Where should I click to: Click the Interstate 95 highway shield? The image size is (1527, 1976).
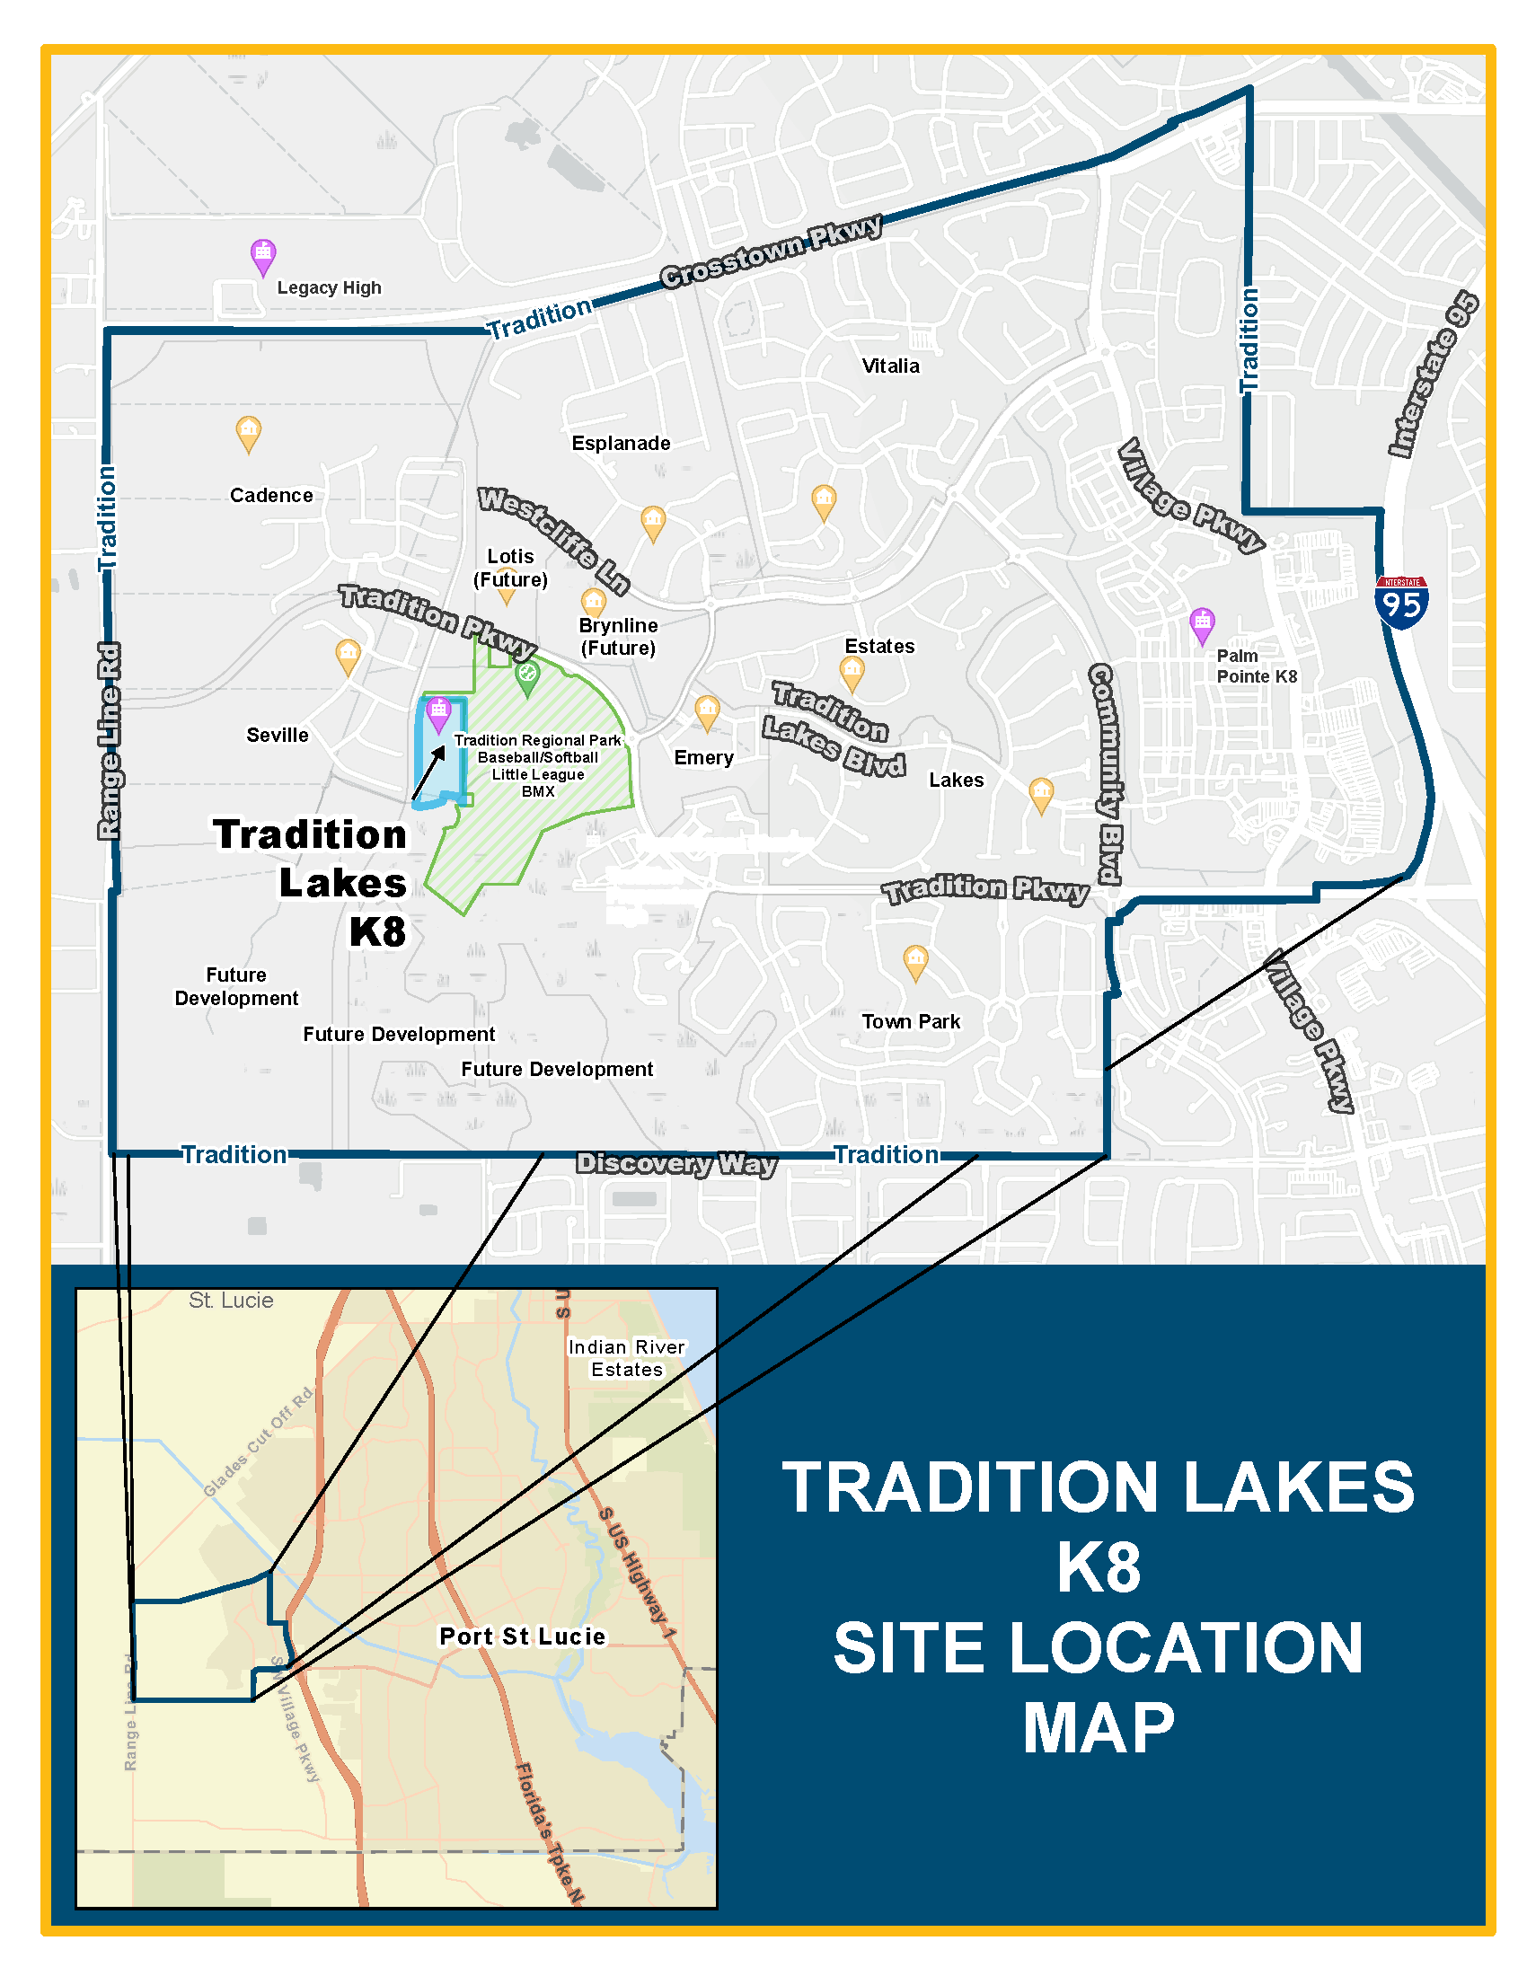coord(1401,602)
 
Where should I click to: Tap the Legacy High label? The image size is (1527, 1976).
coord(329,287)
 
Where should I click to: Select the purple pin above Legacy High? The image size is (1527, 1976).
coord(262,256)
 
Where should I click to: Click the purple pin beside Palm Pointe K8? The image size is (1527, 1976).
coord(1201,624)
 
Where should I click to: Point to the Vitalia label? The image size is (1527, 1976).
coord(890,366)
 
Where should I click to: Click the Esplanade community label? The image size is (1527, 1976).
coord(621,444)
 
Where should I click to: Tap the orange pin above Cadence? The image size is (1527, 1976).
coord(249,433)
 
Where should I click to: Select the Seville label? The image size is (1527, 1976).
coord(277,735)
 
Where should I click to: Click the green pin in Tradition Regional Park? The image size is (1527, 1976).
coord(527,675)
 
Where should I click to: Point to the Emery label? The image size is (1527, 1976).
coord(703,757)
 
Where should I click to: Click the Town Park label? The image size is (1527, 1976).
coord(910,1021)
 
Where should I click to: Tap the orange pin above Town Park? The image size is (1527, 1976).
coord(915,961)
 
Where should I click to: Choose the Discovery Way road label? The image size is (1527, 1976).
coord(675,1163)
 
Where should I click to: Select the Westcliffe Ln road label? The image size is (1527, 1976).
coord(553,539)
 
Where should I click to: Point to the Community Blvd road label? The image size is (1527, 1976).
coord(1106,773)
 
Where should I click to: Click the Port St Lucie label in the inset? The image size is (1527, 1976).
coord(522,1636)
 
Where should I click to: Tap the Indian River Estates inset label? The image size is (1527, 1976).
coord(626,1358)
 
